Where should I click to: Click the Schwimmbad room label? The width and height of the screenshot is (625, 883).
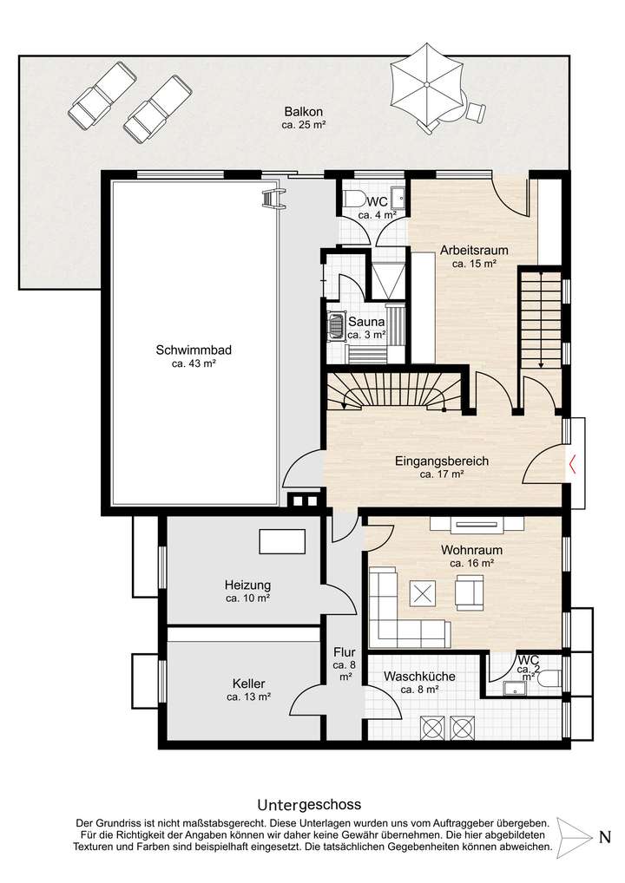(194, 350)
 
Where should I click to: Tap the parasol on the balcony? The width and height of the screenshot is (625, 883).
(426, 83)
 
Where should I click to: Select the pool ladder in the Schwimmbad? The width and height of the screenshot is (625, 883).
(275, 199)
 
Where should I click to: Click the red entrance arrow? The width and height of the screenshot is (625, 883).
(572, 464)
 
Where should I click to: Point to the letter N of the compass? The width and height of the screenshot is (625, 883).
(605, 837)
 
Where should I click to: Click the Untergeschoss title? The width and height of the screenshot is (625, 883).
(309, 804)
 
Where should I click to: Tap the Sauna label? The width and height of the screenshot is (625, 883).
(366, 322)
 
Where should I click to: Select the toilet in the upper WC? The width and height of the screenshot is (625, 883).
(354, 199)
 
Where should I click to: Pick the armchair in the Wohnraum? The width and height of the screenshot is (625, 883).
(470, 592)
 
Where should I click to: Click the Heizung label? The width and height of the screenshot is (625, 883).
(247, 585)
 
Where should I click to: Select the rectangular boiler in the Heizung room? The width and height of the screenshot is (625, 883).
(282, 542)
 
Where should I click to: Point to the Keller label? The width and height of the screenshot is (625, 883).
(248, 684)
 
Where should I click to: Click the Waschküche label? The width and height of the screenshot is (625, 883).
(419, 677)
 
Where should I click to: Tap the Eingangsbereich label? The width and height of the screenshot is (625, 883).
(442, 461)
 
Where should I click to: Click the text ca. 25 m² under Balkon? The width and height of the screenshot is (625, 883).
(305, 125)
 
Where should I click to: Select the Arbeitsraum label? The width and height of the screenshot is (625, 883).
(474, 250)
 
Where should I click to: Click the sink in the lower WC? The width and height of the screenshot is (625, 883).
(513, 688)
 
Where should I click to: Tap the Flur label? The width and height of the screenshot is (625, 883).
(344, 652)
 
